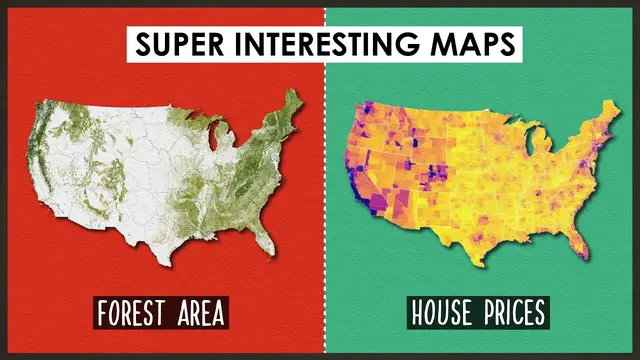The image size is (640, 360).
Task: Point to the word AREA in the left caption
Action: [195, 313]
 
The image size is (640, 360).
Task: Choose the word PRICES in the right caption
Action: [512, 313]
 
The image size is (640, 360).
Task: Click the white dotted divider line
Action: [325, 200]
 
